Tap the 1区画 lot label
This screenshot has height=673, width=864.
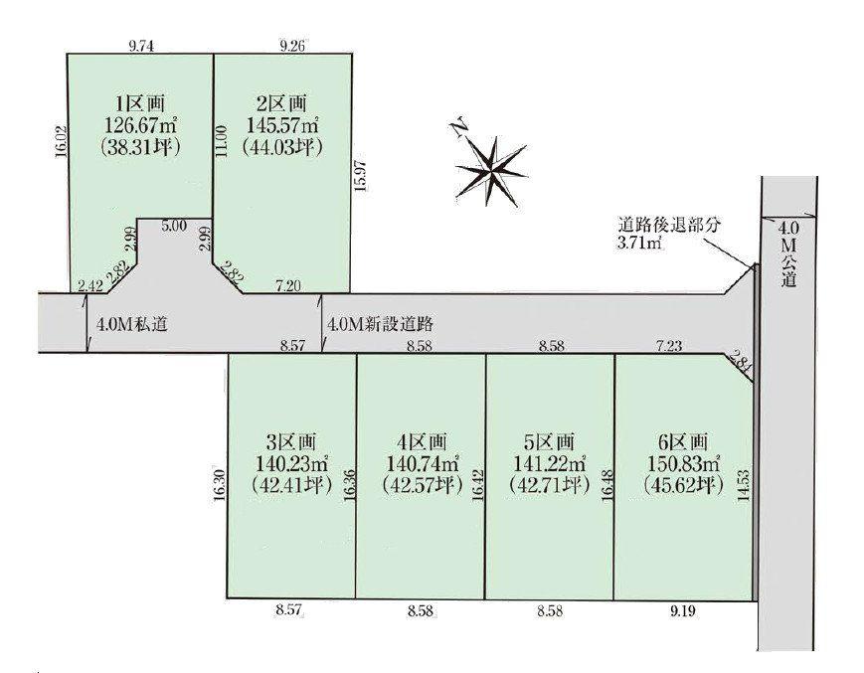[x=139, y=103]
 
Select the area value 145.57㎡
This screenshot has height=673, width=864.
[x=282, y=125]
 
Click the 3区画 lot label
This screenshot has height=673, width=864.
[x=291, y=441]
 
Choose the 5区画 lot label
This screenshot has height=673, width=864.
[x=548, y=441]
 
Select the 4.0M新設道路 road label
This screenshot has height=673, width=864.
[x=383, y=324]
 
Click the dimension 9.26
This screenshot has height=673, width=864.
[x=295, y=44]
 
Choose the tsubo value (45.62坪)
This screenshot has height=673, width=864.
[x=680, y=485]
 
